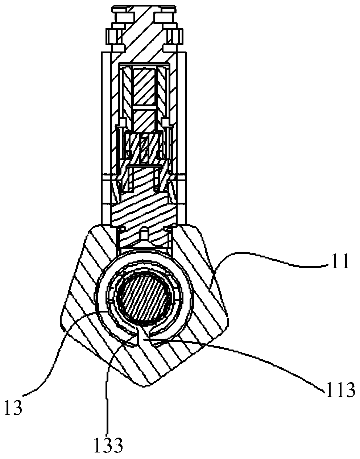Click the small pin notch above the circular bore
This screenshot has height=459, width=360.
click(144, 234)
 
